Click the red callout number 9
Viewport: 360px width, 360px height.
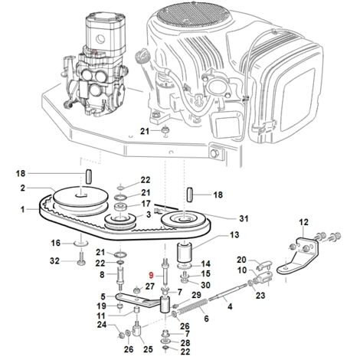click(x=152, y=275)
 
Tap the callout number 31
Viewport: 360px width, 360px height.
click(x=244, y=218)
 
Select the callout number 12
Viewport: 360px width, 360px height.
click(x=303, y=222)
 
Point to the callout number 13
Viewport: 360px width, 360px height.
click(x=234, y=234)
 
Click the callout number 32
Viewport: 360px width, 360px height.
click(x=54, y=261)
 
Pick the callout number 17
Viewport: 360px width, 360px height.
click(x=146, y=204)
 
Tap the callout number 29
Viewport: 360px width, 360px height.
click(x=196, y=296)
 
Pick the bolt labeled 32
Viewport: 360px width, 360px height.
click(x=81, y=258)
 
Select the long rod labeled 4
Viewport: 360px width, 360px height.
click(x=227, y=293)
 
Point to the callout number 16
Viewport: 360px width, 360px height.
click(x=55, y=243)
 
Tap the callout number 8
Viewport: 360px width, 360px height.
click(x=102, y=275)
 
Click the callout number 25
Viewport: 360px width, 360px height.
click(x=148, y=349)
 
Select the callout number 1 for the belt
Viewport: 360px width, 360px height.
click(x=23, y=210)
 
